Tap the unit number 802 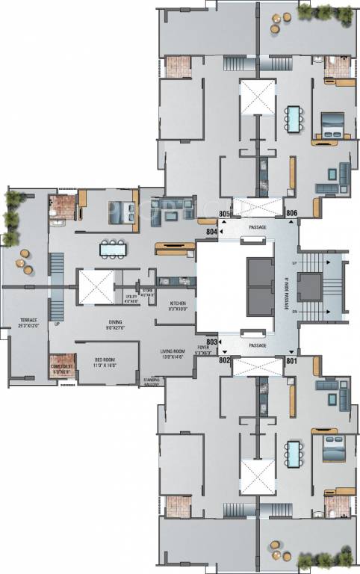click(224, 359)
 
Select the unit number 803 click(211, 342)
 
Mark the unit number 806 click(291, 214)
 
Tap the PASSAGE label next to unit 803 click(258, 345)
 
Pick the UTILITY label click(131, 298)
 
